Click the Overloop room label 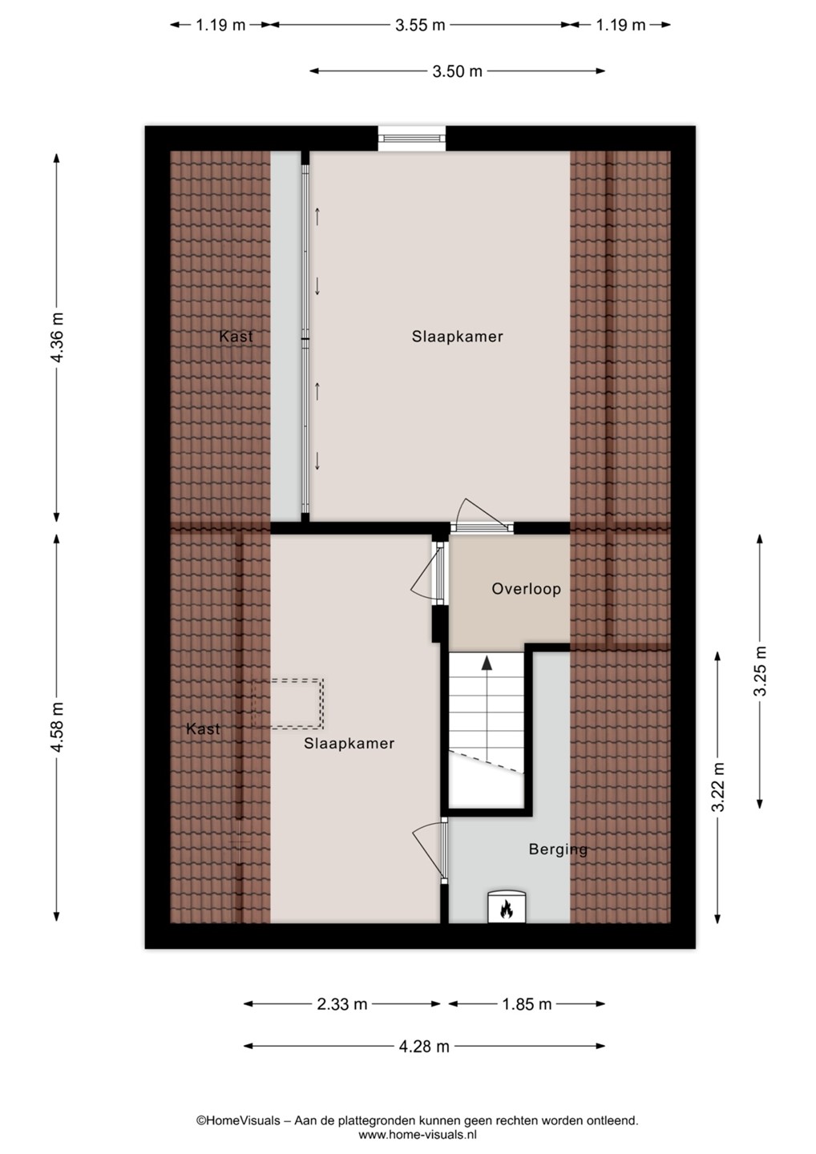point(526,589)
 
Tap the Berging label point(558,849)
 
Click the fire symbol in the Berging point(507,910)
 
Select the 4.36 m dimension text point(57,337)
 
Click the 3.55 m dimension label point(420,26)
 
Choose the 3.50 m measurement point(458,71)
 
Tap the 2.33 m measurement point(342,1003)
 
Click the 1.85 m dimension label point(527,1003)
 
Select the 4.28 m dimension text point(424,1047)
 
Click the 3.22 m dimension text point(718,786)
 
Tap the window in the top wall point(411,138)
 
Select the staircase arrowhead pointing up point(487,663)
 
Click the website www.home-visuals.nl point(418,1134)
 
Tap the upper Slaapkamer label point(458,337)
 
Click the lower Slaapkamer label point(349,744)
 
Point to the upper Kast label point(236,337)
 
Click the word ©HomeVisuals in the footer point(238,1120)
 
